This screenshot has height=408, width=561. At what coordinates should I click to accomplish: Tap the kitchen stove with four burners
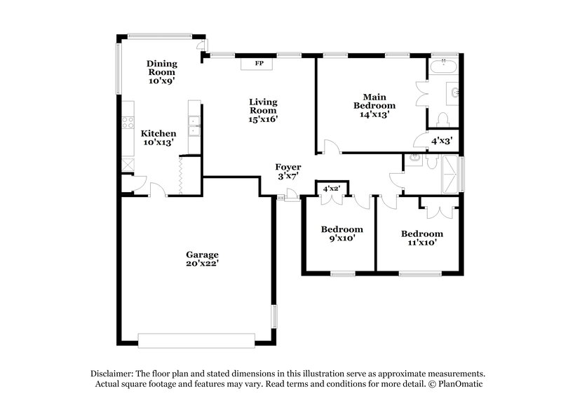point(128,123)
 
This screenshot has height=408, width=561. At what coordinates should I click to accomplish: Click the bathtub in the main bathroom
point(443,69)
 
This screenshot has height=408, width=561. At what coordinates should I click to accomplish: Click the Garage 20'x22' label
point(203,259)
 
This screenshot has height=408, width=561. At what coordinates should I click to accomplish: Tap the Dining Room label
point(161,72)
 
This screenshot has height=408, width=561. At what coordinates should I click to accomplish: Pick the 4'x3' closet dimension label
point(442,141)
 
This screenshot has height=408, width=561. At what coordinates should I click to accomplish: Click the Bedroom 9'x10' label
point(342,233)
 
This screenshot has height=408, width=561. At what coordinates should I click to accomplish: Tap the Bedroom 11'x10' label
point(421,238)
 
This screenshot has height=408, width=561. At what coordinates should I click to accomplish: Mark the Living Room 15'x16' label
point(264,110)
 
